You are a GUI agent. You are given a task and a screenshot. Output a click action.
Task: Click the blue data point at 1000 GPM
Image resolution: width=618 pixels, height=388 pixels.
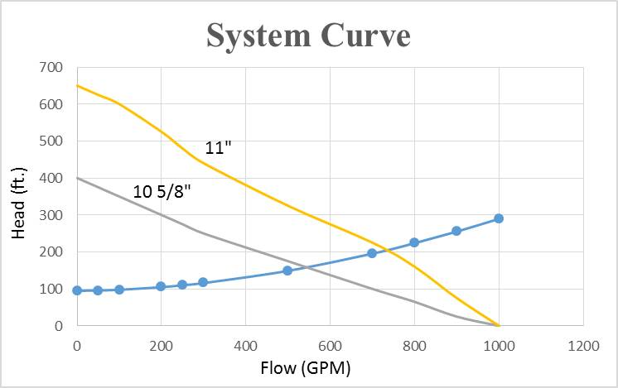coord(499,218)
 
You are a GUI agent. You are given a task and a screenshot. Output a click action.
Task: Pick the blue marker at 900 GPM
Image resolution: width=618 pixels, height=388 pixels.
coord(456,231)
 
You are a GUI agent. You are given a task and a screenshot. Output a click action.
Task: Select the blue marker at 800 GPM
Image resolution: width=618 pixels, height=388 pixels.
coord(414,242)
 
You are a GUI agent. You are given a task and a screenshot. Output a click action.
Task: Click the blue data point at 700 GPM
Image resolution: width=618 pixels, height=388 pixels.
coord(372,253)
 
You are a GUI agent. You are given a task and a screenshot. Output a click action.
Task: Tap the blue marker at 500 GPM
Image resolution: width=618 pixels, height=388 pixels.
coord(287,271)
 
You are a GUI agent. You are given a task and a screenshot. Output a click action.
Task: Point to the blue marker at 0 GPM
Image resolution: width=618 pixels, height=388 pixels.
coord(77,290)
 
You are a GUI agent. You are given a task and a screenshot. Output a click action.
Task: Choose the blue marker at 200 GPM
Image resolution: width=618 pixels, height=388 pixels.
coord(161,286)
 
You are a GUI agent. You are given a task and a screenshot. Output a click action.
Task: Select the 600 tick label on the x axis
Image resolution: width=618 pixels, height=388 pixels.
coord(330,342)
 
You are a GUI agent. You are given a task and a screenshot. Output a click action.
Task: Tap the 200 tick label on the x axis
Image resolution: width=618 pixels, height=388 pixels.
coord(161,342)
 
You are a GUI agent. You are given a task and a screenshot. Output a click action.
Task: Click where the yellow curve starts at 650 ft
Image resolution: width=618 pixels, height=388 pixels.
coord(77,85)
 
